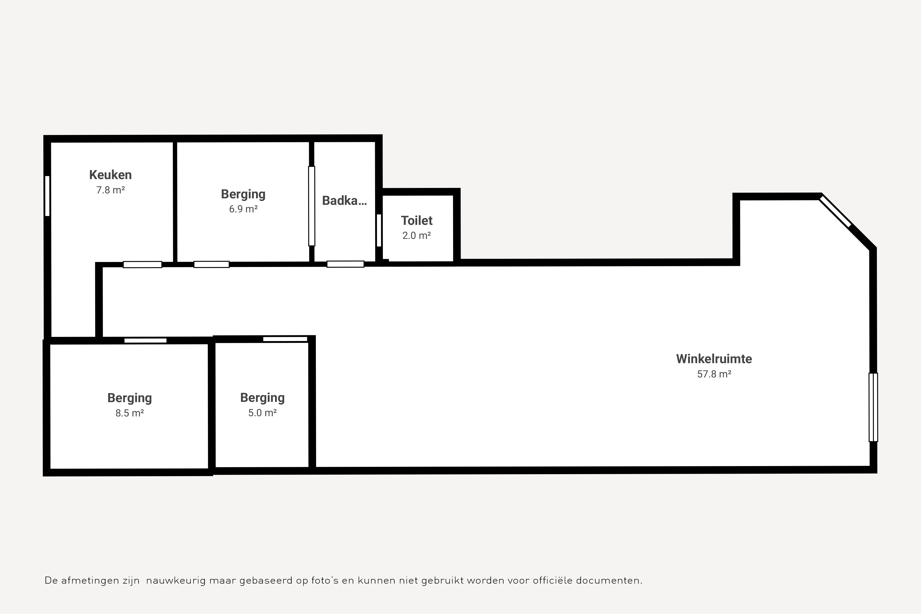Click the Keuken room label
tap(110, 175)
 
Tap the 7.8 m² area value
tap(110, 190)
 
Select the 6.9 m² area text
tap(243, 209)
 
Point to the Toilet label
tap(417, 220)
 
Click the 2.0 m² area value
tap(417, 235)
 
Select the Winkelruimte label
tap(714, 359)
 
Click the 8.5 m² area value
tap(130, 413)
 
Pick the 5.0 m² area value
tap(262, 413)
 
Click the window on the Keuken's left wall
tap(47, 196)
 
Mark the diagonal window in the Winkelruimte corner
tap(835, 211)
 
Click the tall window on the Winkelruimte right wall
tap(873, 407)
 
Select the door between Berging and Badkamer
tap(312, 206)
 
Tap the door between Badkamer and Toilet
tap(379, 230)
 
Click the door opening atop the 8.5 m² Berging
tap(146, 340)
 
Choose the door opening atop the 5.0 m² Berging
tap(285, 339)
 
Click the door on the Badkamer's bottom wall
tap(345, 264)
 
